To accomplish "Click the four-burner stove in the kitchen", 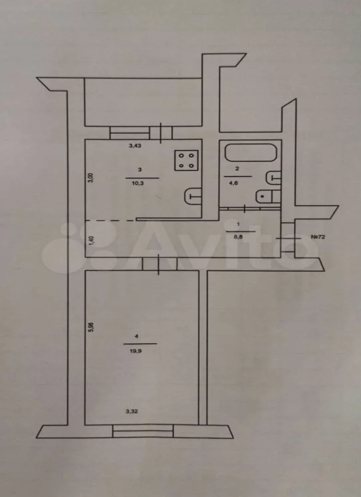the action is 186,160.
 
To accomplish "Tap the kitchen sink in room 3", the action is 192,196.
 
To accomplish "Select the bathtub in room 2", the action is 251,153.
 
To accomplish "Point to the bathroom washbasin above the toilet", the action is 273,178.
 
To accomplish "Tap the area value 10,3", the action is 140,183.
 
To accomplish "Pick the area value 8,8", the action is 239,236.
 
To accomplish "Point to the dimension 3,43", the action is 135,146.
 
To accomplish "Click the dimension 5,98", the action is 91,327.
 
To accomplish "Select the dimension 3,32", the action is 132,412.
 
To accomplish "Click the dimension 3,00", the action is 91,178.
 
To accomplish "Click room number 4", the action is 137,337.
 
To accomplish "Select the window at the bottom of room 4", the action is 143,431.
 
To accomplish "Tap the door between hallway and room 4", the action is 159,264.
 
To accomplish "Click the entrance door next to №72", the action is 288,238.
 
